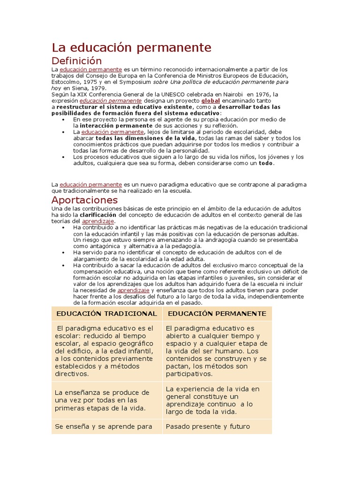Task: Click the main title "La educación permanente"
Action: [x=131, y=47]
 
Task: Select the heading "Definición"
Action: [x=76, y=61]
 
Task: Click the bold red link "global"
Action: [x=210, y=101]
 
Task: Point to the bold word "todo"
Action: [x=266, y=164]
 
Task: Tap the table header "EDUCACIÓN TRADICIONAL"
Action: [x=106, y=314]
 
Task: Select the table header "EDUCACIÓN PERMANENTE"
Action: [x=217, y=314]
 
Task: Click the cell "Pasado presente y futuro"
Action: [x=208, y=427]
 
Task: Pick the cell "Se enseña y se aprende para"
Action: [x=104, y=427]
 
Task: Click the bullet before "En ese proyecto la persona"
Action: [x=63, y=120]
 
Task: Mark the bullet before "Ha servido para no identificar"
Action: [x=63, y=252]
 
